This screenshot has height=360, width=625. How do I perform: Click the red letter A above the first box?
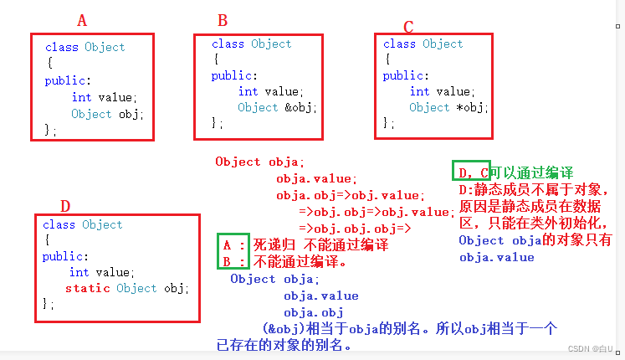coord(82,20)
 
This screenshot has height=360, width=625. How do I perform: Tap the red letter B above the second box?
coord(223,20)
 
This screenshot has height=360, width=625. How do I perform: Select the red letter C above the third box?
coord(408,27)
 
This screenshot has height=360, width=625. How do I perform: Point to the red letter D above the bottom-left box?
coord(65,206)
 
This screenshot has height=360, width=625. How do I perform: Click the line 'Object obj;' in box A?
coord(107,114)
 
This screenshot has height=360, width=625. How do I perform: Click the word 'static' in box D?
coord(87,288)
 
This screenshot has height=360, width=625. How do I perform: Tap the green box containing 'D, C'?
coord(470,172)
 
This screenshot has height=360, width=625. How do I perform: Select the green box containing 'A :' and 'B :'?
coord(233,252)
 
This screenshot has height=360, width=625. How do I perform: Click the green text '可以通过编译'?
coord(532,172)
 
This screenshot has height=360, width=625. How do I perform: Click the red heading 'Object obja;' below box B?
coord(260,162)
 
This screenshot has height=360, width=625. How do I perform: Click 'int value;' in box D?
coord(102,272)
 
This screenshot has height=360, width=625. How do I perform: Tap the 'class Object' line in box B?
coord(251,44)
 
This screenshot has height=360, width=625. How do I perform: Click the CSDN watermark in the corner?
coord(589,349)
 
